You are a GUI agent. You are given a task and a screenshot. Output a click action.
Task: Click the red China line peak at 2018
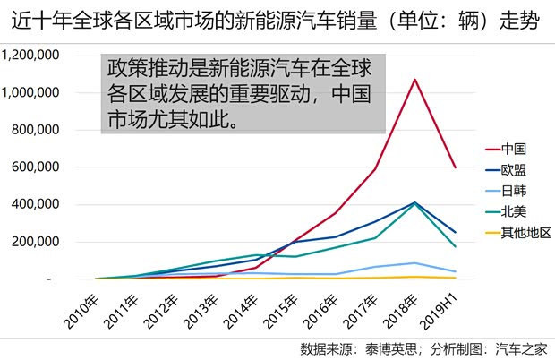pyautogui.click(x=414, y=80)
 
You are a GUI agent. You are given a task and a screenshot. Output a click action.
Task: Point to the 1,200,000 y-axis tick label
pyautogui.click(x=31, y=56)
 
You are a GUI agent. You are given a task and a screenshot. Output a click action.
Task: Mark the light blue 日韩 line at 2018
pyautogui.click(x=414, y=263)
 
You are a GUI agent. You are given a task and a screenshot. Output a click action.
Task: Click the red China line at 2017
pyautogui.click(x=374, y=168)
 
